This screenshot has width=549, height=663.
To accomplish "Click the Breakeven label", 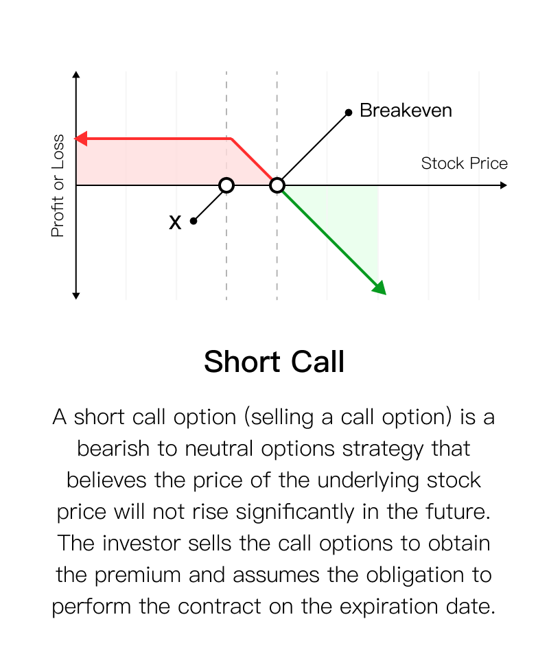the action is point(406,110).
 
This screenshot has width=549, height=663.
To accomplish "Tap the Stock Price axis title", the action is point(464,163).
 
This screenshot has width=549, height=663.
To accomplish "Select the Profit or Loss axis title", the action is point(58,185).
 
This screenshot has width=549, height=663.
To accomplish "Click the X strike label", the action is point(175,222).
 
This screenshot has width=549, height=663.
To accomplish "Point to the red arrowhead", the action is point(81,138).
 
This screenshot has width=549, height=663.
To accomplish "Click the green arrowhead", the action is point(380,288).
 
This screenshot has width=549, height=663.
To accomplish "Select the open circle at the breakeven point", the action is point(277,185).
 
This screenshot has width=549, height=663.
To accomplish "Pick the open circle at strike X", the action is point(226,185).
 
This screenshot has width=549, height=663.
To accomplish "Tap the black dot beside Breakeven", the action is point(348,113).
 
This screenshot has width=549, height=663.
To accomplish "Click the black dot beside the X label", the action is point(194,221).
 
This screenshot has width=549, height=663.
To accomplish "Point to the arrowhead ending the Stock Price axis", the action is point(503,185).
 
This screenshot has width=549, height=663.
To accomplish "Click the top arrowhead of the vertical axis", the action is point(76,75).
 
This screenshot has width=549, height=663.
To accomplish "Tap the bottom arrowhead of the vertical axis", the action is point(76,296).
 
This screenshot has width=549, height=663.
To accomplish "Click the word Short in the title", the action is point(242,362).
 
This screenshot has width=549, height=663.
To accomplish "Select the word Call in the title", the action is point(318,362).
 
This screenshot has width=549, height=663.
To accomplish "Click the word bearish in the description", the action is point(113,448).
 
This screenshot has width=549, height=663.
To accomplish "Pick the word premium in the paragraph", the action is point(137,575).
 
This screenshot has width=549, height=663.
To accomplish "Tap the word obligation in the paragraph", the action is point(415,575).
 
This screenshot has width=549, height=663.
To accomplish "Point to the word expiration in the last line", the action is point(388,607).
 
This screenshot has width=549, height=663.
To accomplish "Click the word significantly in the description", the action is point(295,512).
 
